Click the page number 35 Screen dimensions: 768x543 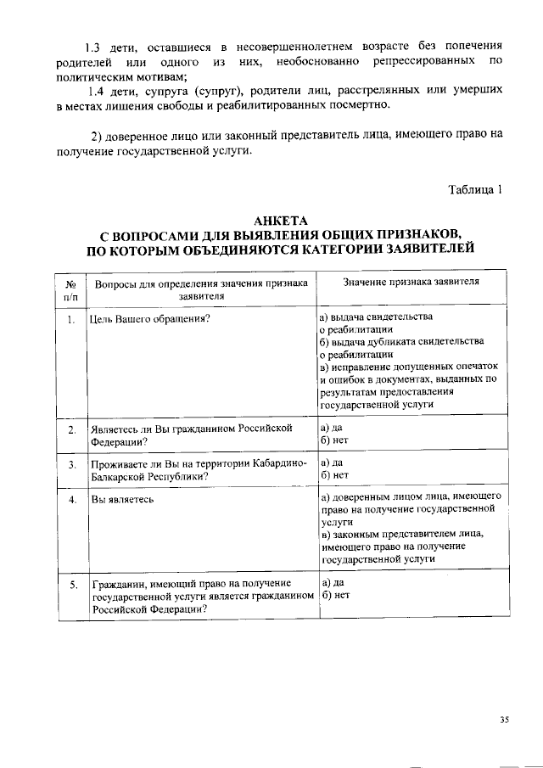(x=504, y=720)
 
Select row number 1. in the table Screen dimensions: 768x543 (x=71, y=319)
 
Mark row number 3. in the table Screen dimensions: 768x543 (x=71, y=465)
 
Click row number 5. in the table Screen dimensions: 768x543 (x=73, y=585)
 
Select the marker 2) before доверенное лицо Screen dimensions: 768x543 (x=98, y=137)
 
